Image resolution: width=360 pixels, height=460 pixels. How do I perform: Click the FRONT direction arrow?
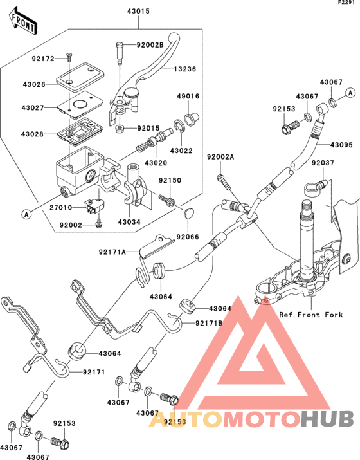(x=23, y=21)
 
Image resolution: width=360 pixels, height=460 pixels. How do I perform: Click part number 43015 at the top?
(x=138, y=11)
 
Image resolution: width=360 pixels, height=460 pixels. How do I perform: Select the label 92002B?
(x=150, y=45)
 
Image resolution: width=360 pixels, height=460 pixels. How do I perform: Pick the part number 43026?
(x=34, y=84)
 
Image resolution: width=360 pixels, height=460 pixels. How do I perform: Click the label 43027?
(x=33, y=107)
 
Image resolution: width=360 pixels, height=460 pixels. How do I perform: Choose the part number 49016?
(x=188, y=96)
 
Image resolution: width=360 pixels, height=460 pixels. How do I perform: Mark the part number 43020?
(x=156, y=163)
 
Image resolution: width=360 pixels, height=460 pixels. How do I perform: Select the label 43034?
(x=129, y=222)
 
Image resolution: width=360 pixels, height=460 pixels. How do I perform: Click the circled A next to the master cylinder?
(x=26, y=214)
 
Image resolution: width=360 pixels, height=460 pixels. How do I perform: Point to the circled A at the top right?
(x=350, y=93)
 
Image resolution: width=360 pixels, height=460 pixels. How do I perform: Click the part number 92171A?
(x=113, y=252)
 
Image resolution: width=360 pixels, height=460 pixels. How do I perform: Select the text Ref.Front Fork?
(x=311, y=315)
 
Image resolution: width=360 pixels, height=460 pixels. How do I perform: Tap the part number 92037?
(x=323, y=163)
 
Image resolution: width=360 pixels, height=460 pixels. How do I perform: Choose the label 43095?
(x=342, y=145)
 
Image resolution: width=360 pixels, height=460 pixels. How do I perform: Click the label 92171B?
(x=210, y=324)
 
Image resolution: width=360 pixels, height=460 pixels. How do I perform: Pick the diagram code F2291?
(x=348, y=3)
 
